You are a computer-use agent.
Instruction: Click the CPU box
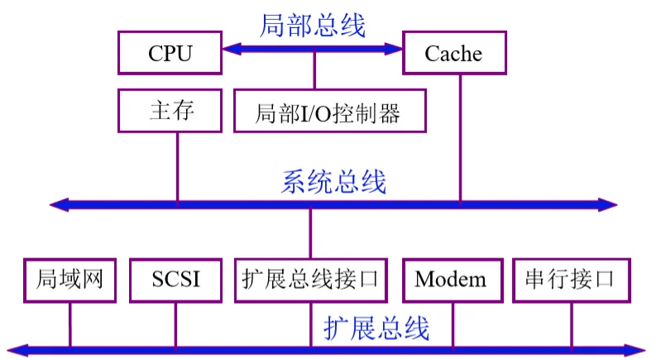(170, 54)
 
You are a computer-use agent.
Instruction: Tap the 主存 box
(170, 111)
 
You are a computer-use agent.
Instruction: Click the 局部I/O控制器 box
(329, 112)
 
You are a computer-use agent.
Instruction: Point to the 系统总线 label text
(334, 181)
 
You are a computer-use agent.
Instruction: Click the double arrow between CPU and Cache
(312, 50)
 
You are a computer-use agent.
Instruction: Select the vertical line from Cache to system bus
(460, 137)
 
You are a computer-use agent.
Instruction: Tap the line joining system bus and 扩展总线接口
(310, 233)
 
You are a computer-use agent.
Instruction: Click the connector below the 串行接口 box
(571, 323)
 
